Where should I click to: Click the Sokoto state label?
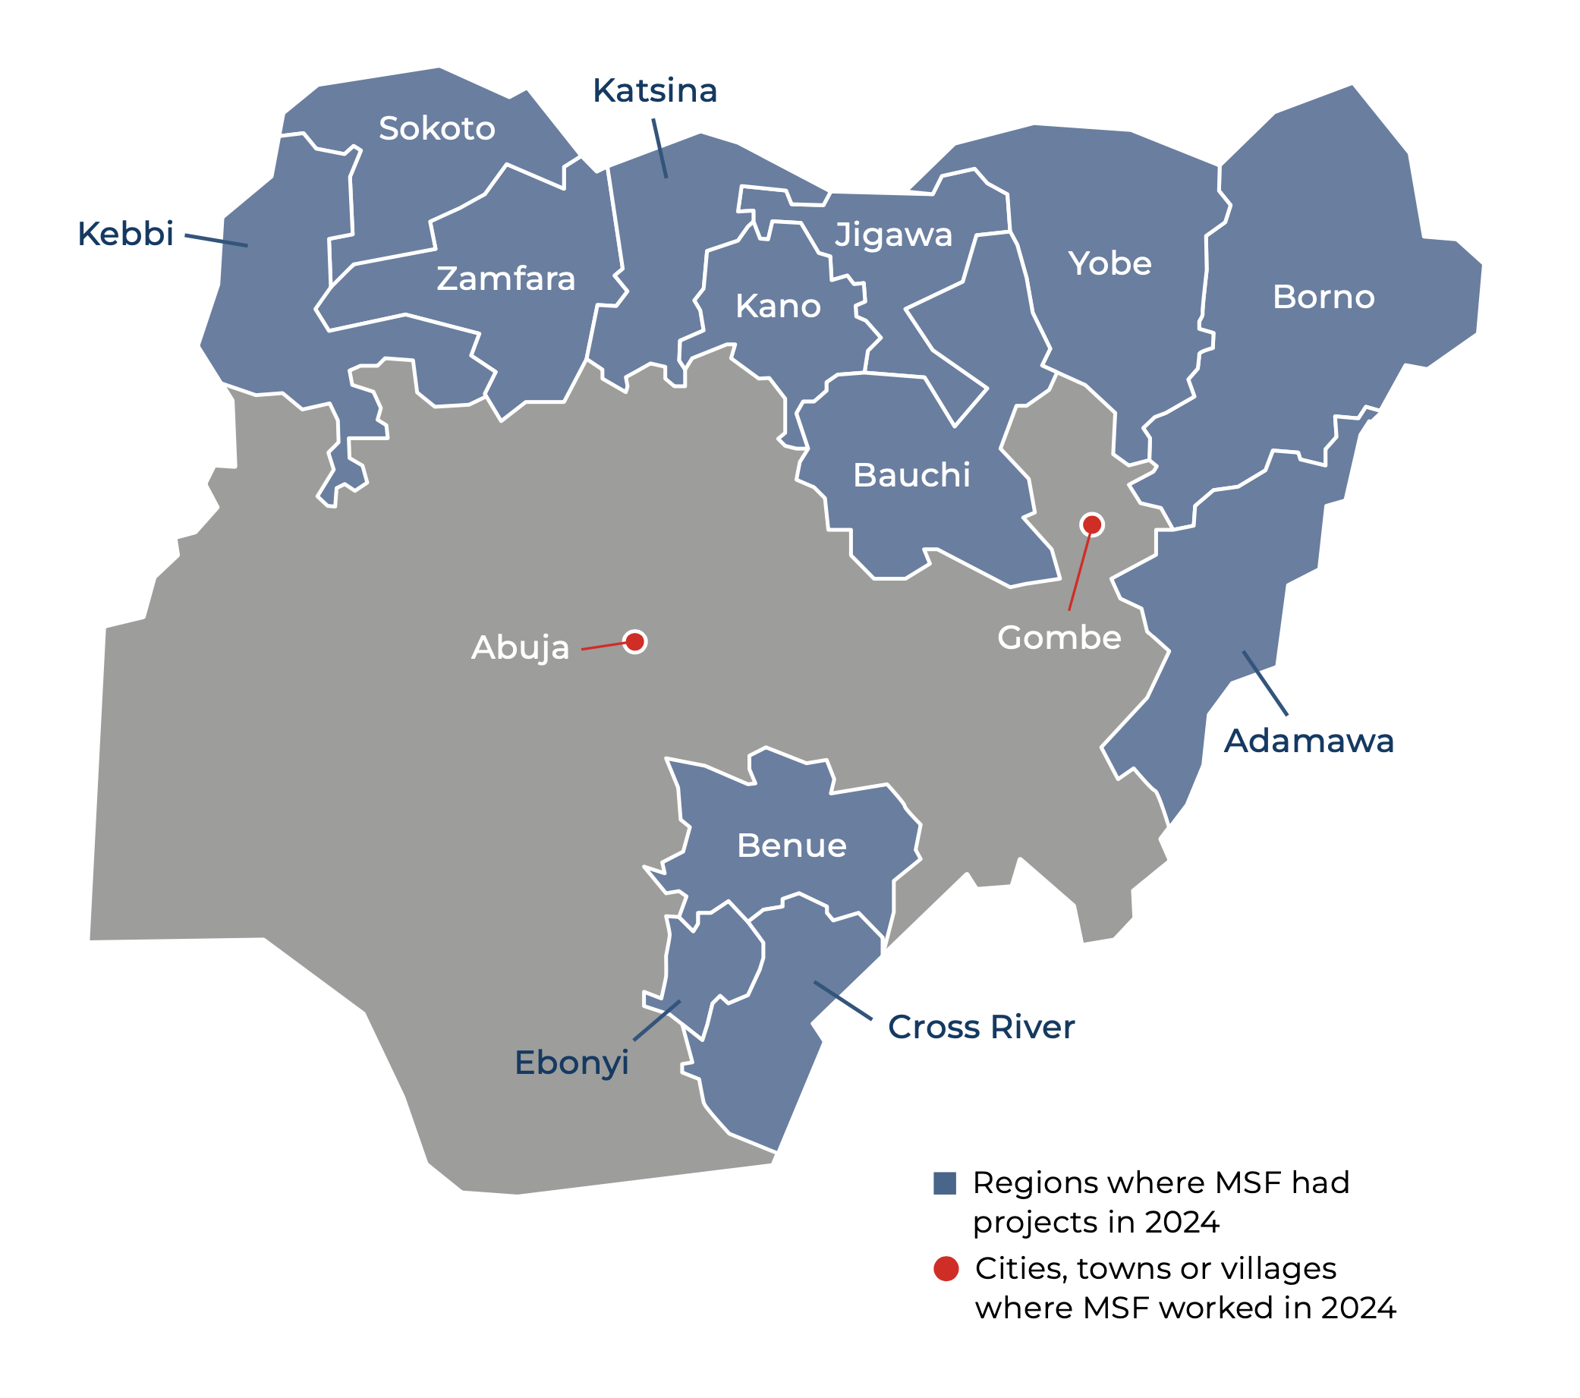coord(437,128)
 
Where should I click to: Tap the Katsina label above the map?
coord(655,90)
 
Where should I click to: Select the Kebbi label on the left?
coord(125,234)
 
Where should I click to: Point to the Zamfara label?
coord(505,279)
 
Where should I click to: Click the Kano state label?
coord(778,306)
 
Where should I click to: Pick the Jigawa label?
coord(892,235)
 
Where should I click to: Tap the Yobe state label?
coord(1109,263)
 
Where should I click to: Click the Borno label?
coord(1323,297)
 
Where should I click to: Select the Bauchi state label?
coord(911,475)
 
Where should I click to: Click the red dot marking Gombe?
coord(1091,525)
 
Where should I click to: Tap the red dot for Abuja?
coord(634,642)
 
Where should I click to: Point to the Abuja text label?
coord(521,648)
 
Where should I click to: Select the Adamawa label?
coord(1308,741)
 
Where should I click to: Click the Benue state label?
coord(792,845)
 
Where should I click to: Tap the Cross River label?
coord(981,1027)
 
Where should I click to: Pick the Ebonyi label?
coord(571,1063)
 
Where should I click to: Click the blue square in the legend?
coord(945,1184)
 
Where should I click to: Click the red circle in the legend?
coord(946,1269)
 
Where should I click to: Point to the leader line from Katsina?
coord(659,149)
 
